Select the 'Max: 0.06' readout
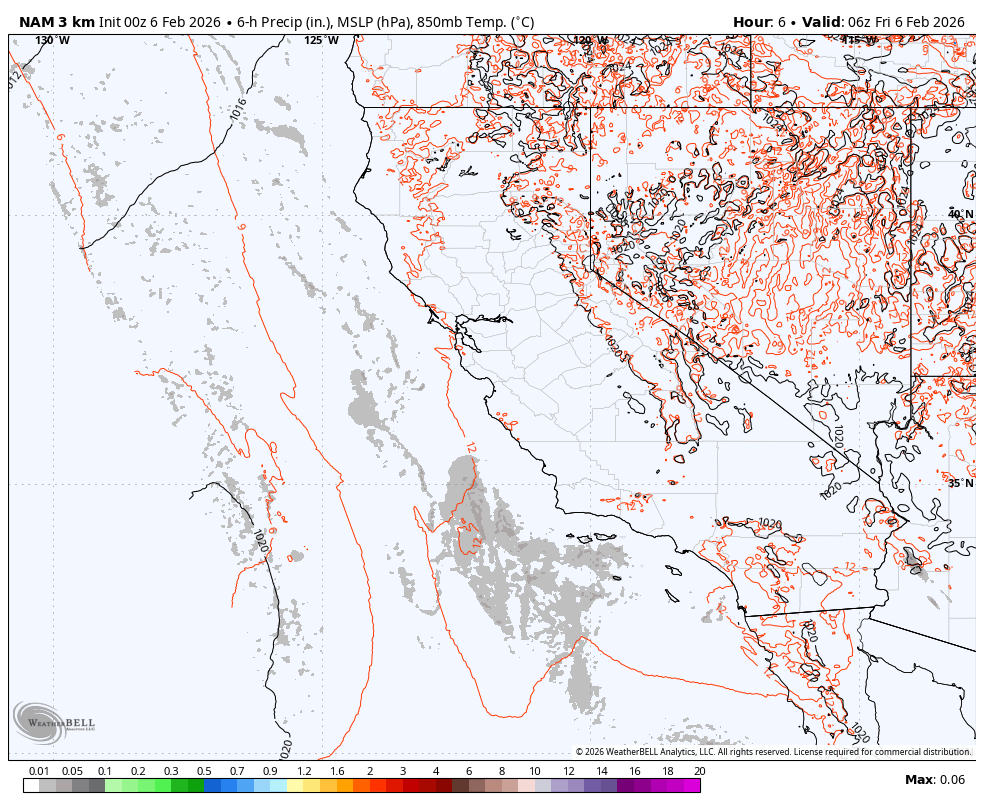click(935, 780)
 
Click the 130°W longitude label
click(53, 41)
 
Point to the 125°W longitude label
click(321, 41)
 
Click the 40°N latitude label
click(960, 214)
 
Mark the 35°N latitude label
click(960, 483)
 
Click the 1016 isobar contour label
click(238, 110)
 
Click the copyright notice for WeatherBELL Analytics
click(772, 752)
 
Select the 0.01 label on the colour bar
click(40, 771)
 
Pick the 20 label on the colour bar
click(699, 771)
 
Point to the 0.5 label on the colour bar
click(204, 771)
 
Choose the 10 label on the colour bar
click(535, 771)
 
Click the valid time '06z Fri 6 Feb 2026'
click(905, 22)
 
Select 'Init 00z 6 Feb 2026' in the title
click(160, 22)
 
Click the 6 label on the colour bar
click(469, 771)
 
